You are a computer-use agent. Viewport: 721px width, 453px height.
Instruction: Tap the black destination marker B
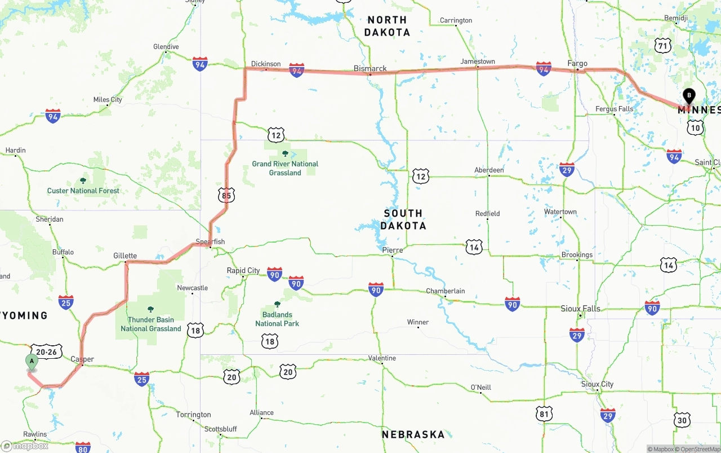688,96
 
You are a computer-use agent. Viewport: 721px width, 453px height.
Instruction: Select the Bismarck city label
370,68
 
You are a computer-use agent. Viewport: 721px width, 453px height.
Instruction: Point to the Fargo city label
577,64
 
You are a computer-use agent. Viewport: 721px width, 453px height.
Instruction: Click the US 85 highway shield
226,196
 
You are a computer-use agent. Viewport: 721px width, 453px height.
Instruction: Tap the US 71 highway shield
662,45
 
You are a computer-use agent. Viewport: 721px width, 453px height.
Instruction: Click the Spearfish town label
210,241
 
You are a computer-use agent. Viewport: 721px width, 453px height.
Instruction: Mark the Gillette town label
125,256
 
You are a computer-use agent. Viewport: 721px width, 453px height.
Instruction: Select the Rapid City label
243,270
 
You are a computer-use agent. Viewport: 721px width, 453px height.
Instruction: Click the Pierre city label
392,250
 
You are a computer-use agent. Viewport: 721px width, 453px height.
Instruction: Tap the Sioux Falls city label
580,309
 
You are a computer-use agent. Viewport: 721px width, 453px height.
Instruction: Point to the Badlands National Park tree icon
277,304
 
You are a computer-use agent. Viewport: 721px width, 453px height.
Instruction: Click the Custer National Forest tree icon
83,181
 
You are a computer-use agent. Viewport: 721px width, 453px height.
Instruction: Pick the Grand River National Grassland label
285,168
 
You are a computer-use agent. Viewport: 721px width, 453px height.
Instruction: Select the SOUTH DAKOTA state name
403,219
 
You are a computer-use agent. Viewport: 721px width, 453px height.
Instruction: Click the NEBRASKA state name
413,434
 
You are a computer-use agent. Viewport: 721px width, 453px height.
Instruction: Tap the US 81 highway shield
544,414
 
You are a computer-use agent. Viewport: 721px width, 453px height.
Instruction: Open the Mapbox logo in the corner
25,446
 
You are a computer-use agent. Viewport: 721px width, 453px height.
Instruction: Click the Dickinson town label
266,64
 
